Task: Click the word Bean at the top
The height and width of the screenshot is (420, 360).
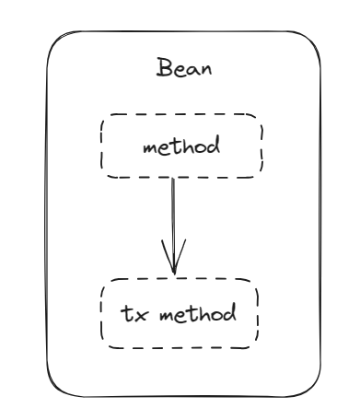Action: click(x=184, y=67)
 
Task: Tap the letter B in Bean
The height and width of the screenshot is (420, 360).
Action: click(x=163, y=67)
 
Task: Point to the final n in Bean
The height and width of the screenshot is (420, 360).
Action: click(x=206, y=70)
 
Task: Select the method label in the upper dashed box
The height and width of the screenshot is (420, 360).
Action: click(x=181, y=146)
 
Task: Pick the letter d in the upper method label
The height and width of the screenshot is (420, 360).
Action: click(x=213, y=146)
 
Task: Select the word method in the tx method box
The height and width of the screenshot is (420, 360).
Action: click(x=198, y=313)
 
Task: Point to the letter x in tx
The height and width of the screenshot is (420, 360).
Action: click(x=141, y=316)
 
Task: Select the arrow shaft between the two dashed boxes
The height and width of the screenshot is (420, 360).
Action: click(x=173, y=226)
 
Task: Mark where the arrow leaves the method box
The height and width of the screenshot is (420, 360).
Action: click(x=173, y=178)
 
